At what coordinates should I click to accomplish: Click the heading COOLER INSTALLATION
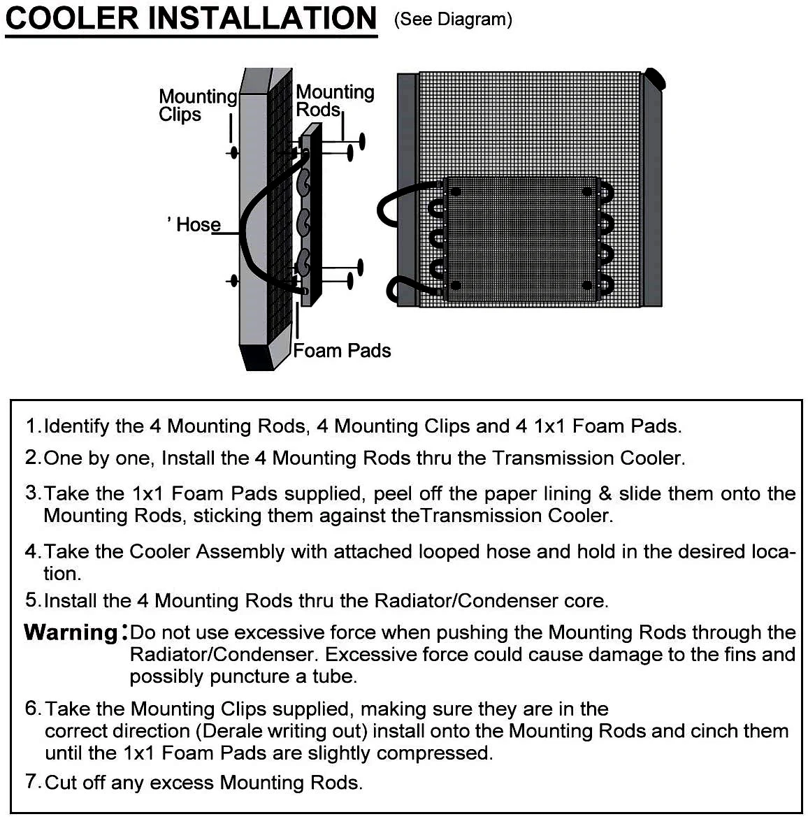(x=191, y=19)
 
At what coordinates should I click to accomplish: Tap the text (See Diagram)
(x=453, y=20)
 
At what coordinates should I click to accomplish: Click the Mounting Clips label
(x=197, y=106)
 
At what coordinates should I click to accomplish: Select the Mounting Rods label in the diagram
(x=334, y=101)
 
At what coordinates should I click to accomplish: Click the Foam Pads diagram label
(x=342, y=351)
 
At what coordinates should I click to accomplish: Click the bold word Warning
(x=72, y=632)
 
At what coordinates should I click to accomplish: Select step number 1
(x=31, y=426)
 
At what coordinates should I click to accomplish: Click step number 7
(x=32, y=781)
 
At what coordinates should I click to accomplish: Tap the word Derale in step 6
(x=237, y=732)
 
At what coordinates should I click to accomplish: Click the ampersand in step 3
(x=605, y=494)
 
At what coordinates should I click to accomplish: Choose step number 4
(x=32, y=552)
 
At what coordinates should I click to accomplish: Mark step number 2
(x=32, y=458)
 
